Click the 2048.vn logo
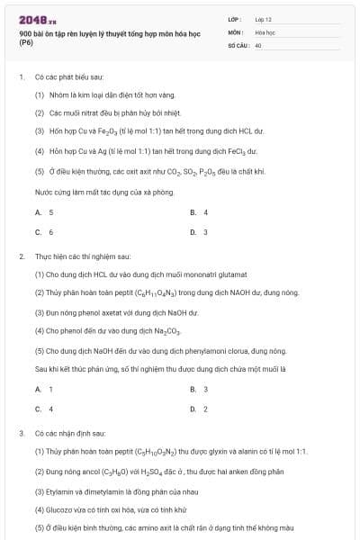(32, 19)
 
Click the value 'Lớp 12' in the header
(263, 19)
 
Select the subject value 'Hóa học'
(264, 31)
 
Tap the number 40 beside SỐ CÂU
(258, 44)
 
